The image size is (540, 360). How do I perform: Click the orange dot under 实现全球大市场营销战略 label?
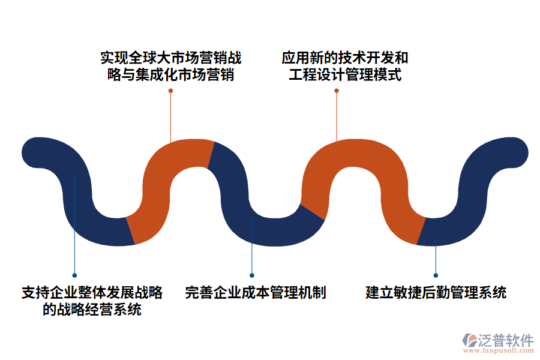coord(171,91)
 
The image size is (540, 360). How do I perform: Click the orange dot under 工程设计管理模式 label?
coord(337,91)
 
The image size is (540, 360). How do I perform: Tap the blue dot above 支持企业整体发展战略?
coord(74,275)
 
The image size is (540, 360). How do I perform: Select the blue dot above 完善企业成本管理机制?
coord(252,275)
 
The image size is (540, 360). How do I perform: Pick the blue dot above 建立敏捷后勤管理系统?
coord(436,275)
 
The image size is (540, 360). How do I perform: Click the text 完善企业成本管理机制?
coord(256,293)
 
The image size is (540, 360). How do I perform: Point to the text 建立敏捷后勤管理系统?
coord(436,293)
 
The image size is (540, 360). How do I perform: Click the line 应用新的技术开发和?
coord(345,58)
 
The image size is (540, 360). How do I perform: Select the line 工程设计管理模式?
coord(345,76)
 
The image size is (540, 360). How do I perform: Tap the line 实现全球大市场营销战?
coord(171,58)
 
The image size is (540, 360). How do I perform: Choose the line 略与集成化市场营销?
coord(171,76)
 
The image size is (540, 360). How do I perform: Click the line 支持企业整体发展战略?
coord(92,293)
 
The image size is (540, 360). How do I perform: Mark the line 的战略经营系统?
coord(92,310)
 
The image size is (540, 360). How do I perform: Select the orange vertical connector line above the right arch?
coord(337,117)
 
